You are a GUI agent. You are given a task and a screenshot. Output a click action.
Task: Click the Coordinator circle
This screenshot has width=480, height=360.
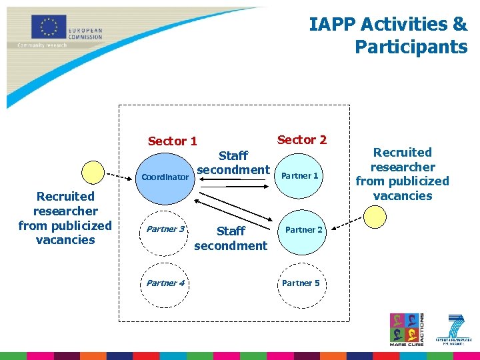tap(165, 177)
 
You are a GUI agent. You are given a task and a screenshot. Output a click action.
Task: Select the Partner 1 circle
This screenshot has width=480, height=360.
tap(301, 176)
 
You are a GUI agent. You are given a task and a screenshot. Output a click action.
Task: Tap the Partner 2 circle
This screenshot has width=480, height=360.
tap(304, 230)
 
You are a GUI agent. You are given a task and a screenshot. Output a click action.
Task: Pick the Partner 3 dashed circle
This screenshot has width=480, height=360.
tap(165, 229)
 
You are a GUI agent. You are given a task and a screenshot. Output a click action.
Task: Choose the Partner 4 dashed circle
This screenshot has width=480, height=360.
tap(165, 283)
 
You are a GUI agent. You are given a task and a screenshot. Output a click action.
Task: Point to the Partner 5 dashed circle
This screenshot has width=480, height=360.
tap(301, 283)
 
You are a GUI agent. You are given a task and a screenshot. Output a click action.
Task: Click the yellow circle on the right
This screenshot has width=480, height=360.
tap(375, 216)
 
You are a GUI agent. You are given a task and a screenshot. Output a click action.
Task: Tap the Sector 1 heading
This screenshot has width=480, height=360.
tap(172, 141)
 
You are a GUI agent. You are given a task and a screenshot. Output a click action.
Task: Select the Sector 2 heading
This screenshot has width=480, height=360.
tap(302, 139)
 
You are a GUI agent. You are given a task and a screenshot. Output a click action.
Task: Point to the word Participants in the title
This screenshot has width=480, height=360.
tap(411, 47)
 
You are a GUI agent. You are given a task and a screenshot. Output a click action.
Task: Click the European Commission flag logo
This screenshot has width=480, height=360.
tap(49, 27)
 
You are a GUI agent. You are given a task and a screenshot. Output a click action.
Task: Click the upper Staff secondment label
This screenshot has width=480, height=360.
tap(233, 163)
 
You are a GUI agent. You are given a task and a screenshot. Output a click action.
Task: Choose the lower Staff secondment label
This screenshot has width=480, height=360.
tap(231, 238)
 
